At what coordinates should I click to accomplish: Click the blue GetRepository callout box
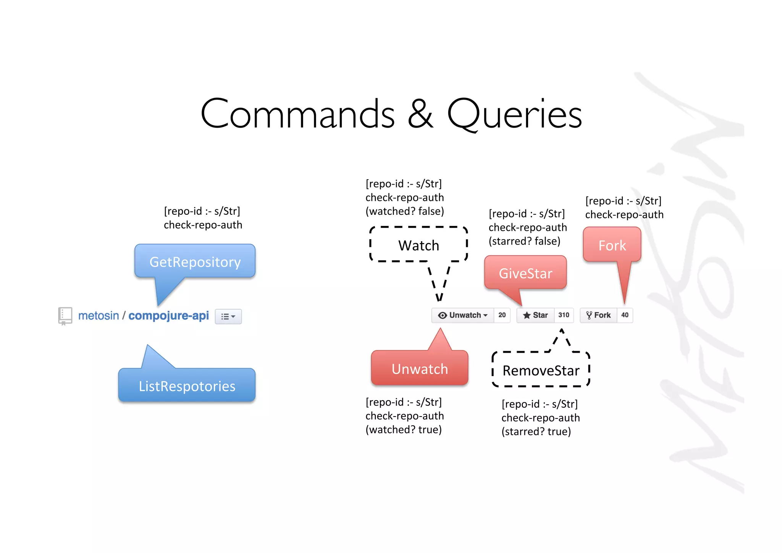(x=195, y=261)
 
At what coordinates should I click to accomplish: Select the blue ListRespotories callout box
(x=187, y=386)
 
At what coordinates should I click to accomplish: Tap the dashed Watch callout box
(x=418, y=245)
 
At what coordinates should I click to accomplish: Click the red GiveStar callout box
(x=525, y=273)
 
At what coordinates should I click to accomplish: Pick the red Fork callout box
(x=612, y=245)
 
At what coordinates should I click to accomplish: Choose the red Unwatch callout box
(x=419, y=368)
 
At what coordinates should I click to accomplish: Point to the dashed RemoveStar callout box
(x=541, y=370)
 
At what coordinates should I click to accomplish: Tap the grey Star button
(x=535, y=315)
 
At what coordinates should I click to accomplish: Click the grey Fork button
(x=598, y=315)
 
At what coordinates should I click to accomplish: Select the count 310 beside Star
(x=564, y=315)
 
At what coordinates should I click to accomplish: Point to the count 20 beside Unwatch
(x=502, y=315)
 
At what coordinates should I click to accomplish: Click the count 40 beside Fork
(x=625, y=315)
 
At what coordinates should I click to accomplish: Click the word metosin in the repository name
(x=99, y=316)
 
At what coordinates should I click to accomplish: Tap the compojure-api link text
(x=168, y=316)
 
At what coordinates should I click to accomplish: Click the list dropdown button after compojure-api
(x=228, y=316)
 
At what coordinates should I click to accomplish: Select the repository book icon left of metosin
(x=65, y=316)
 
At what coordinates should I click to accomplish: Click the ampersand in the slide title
(x=420, y=114)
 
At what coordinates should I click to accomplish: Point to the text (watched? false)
(x=404, y=211)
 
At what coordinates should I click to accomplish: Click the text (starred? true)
(x=536, y=431)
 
